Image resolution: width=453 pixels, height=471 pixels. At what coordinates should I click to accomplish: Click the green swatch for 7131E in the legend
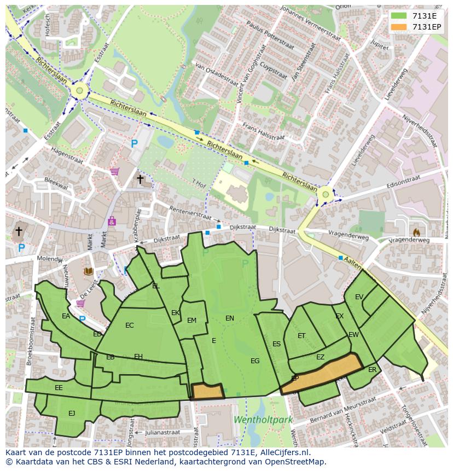point(399,16)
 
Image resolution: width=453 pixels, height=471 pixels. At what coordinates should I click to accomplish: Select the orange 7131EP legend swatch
point(399,27)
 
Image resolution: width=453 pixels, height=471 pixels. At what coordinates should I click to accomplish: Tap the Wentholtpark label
point(263,420)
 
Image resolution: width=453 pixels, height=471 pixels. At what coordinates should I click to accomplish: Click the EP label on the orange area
point(294,378)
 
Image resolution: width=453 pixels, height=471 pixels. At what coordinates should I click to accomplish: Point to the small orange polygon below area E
point(207,391)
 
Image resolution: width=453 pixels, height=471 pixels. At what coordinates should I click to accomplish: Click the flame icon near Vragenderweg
point(416,232)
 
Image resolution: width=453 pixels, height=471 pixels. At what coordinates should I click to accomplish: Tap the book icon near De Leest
point(88,271)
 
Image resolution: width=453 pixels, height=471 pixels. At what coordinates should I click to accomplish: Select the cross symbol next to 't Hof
point(140,179)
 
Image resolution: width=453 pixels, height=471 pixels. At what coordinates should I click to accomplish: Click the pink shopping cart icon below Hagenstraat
point(114,171)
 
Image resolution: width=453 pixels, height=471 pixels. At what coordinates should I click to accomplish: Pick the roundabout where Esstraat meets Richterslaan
point(79,90)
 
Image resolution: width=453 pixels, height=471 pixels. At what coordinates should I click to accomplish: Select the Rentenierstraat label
point(190,213)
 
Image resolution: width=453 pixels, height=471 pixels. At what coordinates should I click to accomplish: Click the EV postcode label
point(359,297)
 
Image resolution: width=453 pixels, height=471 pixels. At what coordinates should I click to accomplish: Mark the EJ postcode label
point(72,413)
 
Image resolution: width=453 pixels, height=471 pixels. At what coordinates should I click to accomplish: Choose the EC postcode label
point(129,325)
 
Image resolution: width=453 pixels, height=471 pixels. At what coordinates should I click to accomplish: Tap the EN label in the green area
point(230,318)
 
